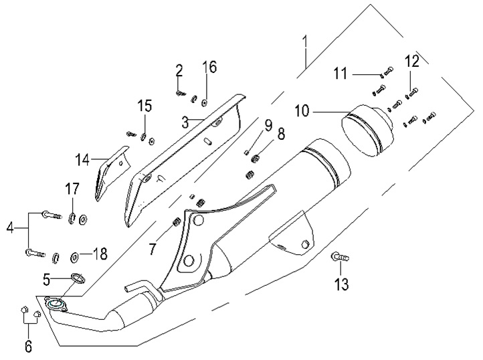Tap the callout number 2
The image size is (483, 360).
[179, 70]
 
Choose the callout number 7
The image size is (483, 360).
[153, 249]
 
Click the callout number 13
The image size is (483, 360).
[342, 284]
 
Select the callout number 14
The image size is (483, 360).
[82, 160]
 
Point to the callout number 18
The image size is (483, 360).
[99, 254]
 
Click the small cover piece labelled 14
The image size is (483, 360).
[108, 173]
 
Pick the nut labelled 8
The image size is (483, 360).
[254, 159]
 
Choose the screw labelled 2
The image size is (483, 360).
[181, 93]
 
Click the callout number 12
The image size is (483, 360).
[411, 62]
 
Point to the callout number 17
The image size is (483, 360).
[72, 190]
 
